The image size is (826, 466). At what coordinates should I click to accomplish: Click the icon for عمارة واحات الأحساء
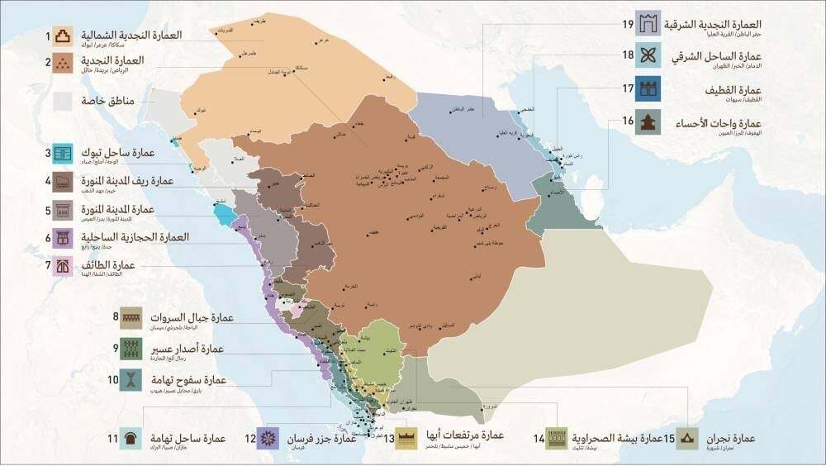pos(647,123)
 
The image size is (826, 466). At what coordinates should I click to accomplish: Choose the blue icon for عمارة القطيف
pos(647,89)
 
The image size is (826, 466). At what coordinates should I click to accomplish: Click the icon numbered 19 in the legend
pos(647,26)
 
